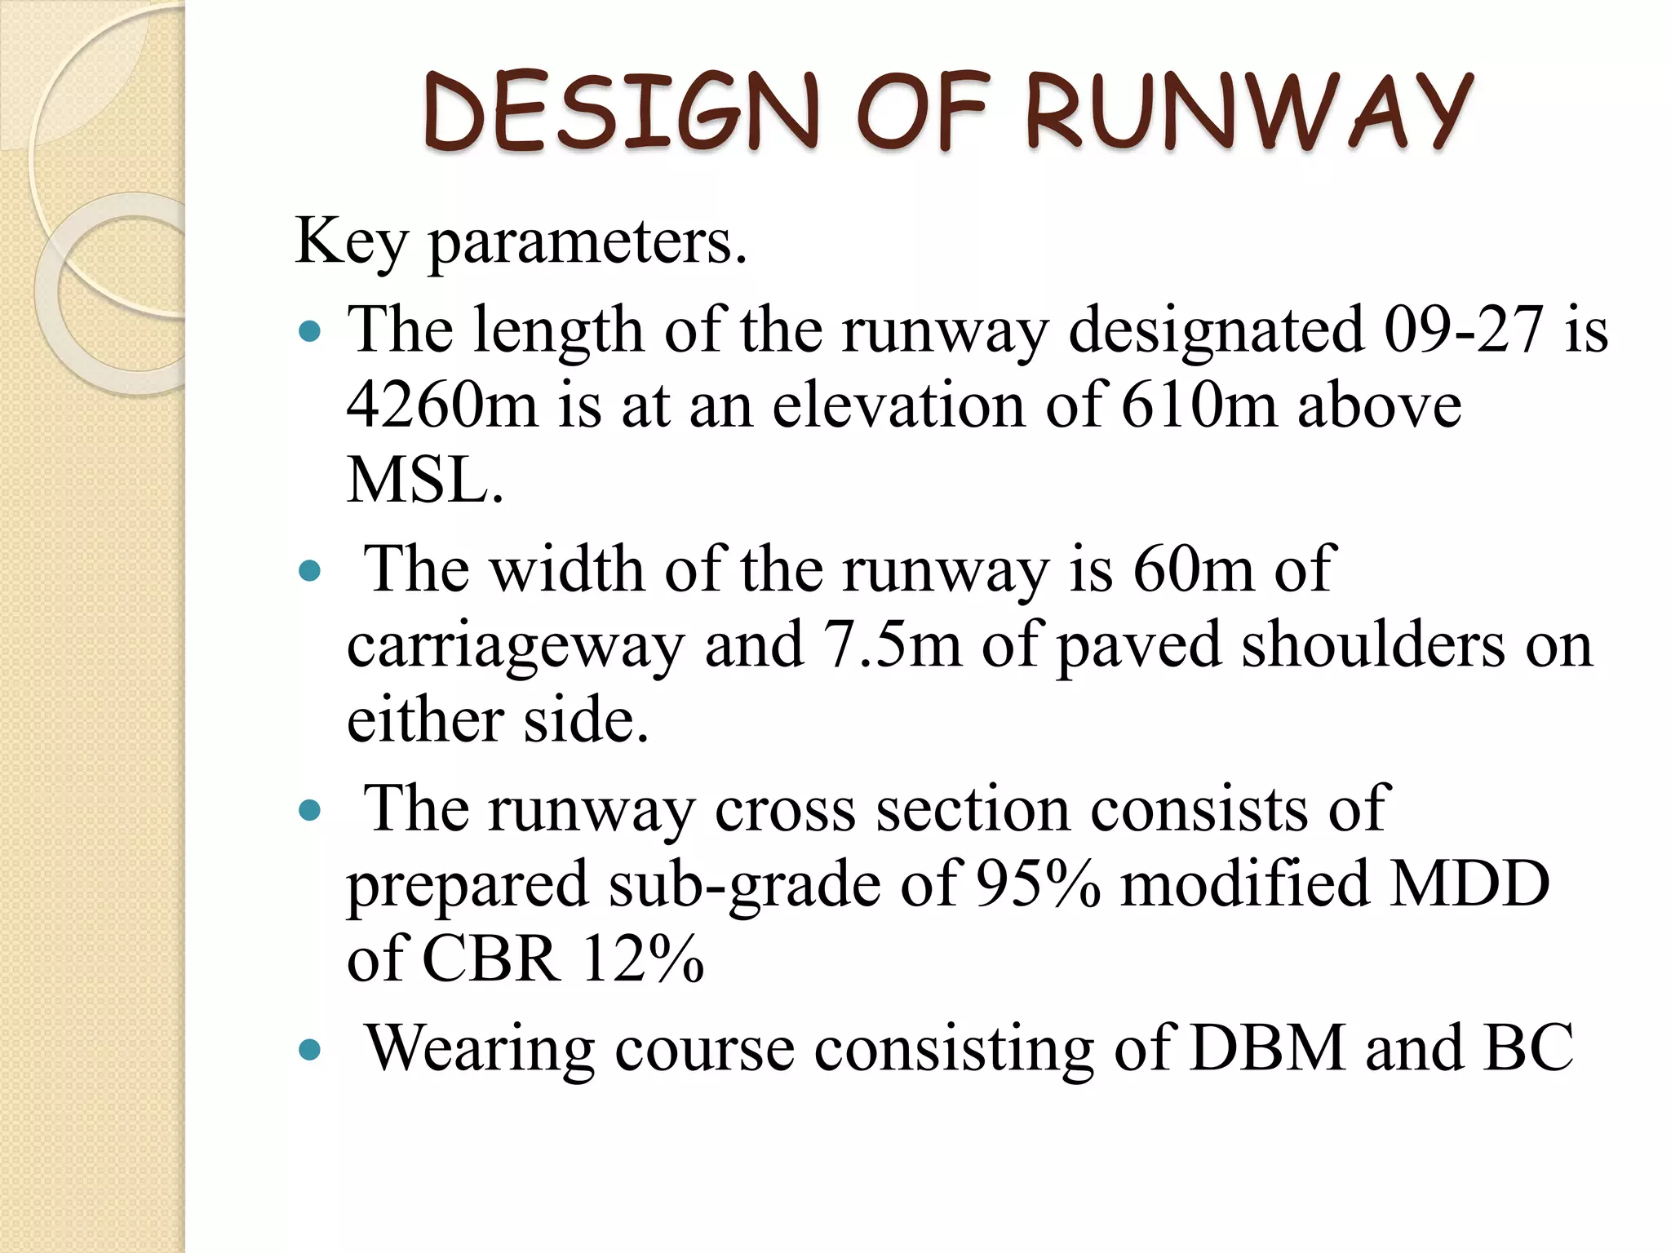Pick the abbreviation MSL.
[424, 480]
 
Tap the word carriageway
[515, 645]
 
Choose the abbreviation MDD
[1469, 884]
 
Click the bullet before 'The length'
[309, 333]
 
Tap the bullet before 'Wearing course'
[309, 1051]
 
